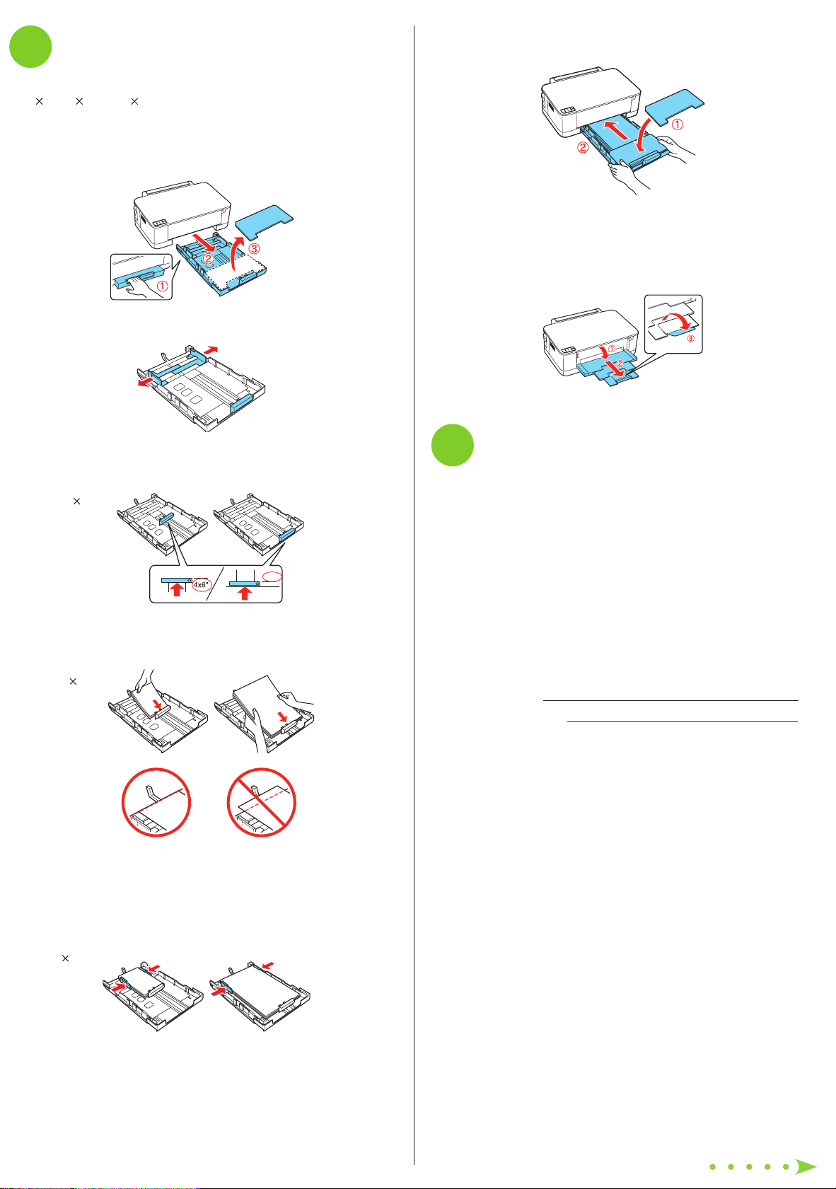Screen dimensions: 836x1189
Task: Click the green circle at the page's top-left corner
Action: tap(30, 47)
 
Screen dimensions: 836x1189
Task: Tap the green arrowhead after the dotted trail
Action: tap(806, 1166)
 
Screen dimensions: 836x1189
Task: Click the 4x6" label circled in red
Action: tap(201, 584)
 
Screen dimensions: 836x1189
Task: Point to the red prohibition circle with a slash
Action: tap(261, 802)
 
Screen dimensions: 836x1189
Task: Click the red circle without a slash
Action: tap(156, 802)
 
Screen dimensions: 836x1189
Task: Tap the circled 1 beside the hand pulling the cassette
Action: tap(163, 286)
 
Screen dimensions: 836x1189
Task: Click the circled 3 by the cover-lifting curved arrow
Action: tap(254, 248)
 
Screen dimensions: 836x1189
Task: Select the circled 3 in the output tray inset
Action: tap(690, 339)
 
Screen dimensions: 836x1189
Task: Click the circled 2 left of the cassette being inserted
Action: tap(583, 148)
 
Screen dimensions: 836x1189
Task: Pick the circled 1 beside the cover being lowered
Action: tap(678, 124)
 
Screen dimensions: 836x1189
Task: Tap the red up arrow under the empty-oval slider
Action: tap(245, 593)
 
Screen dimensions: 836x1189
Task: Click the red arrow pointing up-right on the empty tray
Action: tap(211, 350)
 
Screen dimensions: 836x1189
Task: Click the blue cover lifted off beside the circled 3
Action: tap(265, 223)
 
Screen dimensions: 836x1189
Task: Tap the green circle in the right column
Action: tap(452, 445)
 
